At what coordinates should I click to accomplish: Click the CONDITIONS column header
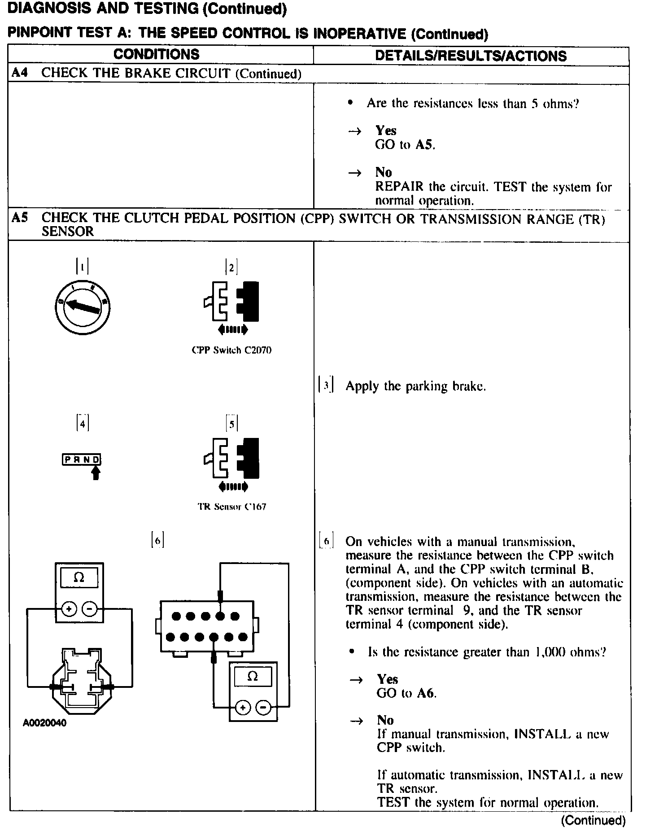156,54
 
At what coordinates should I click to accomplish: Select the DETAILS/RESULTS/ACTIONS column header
471,56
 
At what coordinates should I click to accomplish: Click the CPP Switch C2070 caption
231,350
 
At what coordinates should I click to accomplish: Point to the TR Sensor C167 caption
232,507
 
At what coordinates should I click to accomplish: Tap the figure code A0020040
45,723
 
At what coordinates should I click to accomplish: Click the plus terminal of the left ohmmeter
69,609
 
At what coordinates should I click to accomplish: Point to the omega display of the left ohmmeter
79,577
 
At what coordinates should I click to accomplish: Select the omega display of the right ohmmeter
253,677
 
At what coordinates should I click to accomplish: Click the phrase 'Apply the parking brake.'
415,386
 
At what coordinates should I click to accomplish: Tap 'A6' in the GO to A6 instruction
426,693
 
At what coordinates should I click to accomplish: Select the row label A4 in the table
20,73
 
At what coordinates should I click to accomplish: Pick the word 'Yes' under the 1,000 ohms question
387,679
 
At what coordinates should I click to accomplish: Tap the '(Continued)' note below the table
593,821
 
